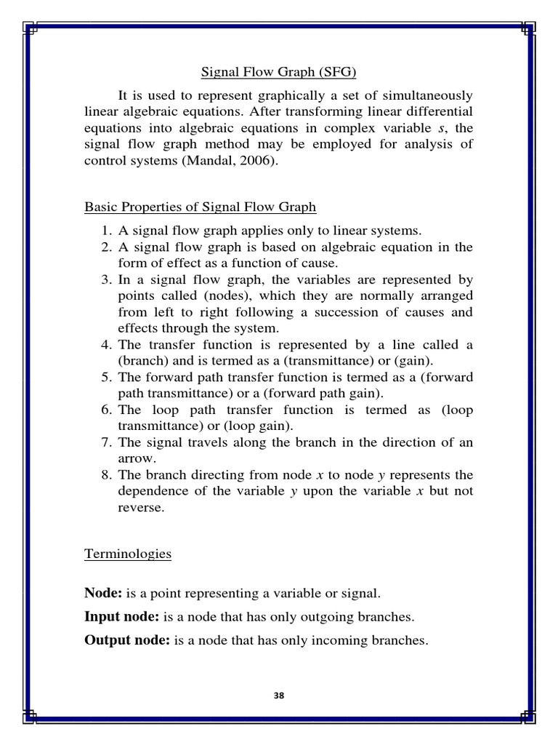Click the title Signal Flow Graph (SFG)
pyautogui.click(x=279, y=73)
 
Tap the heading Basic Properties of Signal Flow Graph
pyautogui.click(x=201, y=207)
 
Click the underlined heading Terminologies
pyautogui.click(x=128, y=554)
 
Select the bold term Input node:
pyautogui.click(x=122, y=617)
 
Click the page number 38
pyautogui.click(x=279, y=696)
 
